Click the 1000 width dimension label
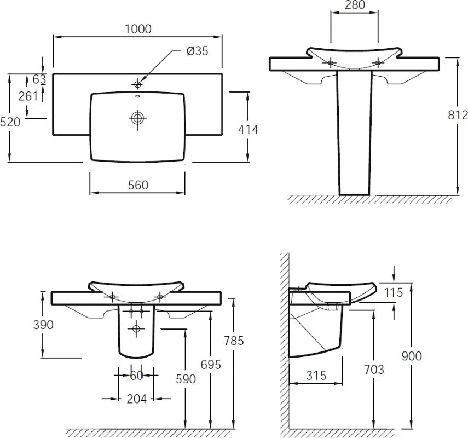pyautogui.click(x=138, y=29)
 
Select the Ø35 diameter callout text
pyautogui.click(x=197, y=51)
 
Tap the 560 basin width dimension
pyautogui.click(x=138, y=185)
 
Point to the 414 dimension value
pyautogui.click(x=248, y=129)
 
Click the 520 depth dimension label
pyautogui.click(x=10, y=122)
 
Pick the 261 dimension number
pyautogui.click(x=28, y=96)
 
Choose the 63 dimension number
pyautogui.click(x=39, y=79)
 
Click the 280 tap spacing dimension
pyautogui.click(x=355, y=5)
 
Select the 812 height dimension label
pyautogui.click(x=458, y=115)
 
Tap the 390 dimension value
pyautogui.click(x=43, y=325)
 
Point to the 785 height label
pyautogui.click(x=234, y=341)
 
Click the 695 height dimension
pyautogui.click(x=211, y=364)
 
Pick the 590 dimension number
pyautogui.click(x=186, y=379)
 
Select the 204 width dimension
pyautogui.click(x=137, y=399)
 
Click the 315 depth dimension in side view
pyautogui.click(x=316, y=375)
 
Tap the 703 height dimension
pyautogui.click(x=374, y=370)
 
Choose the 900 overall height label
pyautogui.click(x=412, y=356)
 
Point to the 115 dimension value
pyautogui.click(x=394, y=292)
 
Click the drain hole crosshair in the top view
pyautogui.click(x=137, y=118)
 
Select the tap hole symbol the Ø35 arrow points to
pyautogui.click(x=137, y=84)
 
